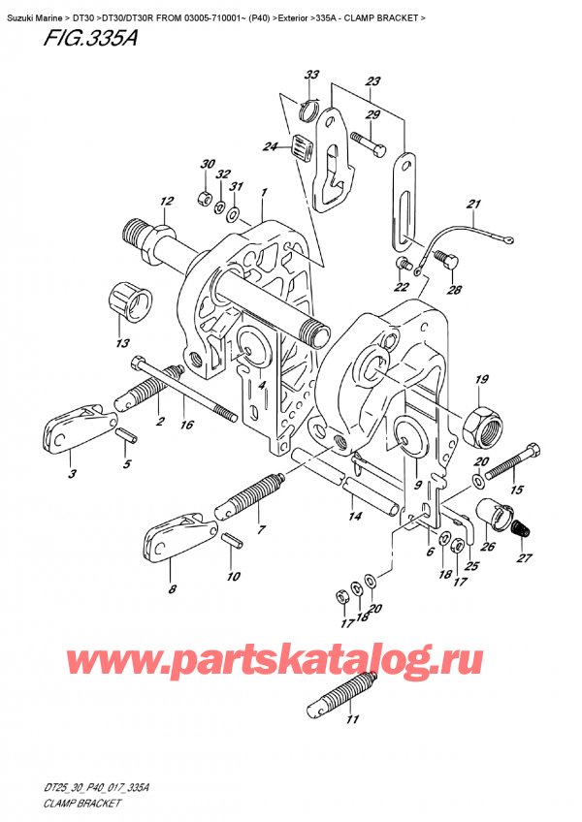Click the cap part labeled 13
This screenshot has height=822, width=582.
(129, 295)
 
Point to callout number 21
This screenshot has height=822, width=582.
(473, 205)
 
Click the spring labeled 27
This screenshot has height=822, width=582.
(522, 532)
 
